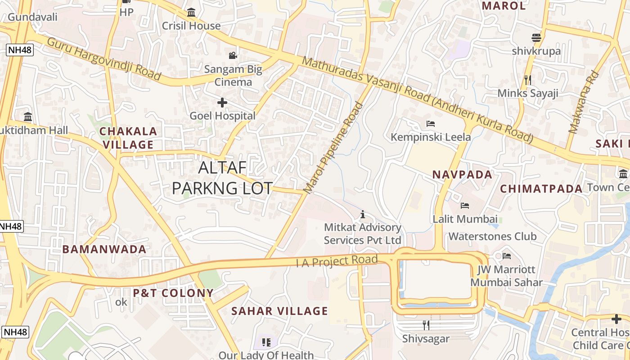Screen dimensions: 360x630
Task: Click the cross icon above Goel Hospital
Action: click(222, 103)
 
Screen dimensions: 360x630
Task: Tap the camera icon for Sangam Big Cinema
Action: click(233, 55)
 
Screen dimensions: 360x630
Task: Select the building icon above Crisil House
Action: click(191, 12)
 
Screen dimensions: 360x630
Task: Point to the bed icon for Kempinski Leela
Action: click(431, 123)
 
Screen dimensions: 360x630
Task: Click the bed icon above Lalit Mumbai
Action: click(465, 206)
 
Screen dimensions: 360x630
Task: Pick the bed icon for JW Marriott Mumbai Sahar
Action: click(507, 256)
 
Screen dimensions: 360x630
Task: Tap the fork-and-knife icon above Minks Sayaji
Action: click(528, 80)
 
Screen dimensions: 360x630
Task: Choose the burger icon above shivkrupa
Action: click(536, 38)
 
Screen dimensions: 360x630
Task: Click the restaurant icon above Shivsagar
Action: click(426, 325)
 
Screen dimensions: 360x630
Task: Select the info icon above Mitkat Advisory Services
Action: click(363, 214)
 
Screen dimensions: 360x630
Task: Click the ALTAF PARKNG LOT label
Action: click(222, 178)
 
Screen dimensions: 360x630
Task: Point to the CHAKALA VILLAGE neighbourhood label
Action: click(128, 138)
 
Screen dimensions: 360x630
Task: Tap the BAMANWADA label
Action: click(104, 249)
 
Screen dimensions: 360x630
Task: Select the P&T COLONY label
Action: click(173, 293)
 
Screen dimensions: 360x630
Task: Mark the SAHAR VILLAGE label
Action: click(279, 311)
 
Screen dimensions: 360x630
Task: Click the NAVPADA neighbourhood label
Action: click(463, 174)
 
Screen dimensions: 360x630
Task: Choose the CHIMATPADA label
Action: click(541, 189)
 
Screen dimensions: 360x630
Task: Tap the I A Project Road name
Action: click(337, 261)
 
